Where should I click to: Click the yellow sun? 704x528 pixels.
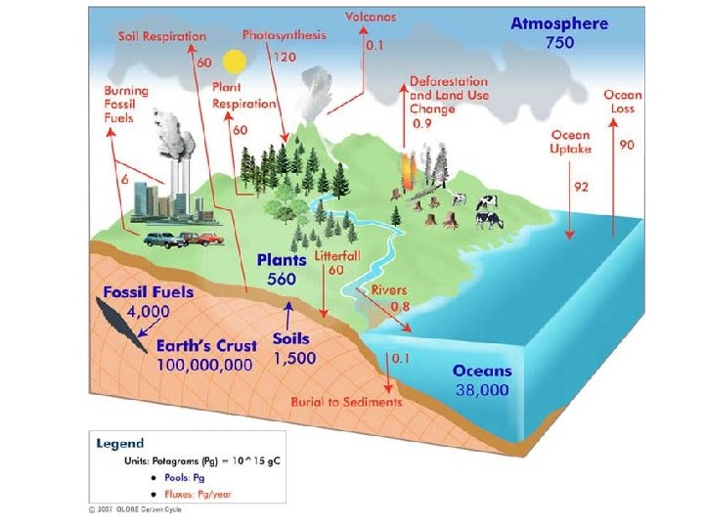233,63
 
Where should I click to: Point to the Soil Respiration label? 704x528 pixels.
162,36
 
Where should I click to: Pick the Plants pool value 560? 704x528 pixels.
282,279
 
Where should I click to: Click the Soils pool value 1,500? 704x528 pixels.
293,358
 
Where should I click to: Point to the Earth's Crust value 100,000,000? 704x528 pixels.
205,364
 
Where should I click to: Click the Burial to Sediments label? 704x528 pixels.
346,402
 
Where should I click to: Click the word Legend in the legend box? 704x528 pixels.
120,443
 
